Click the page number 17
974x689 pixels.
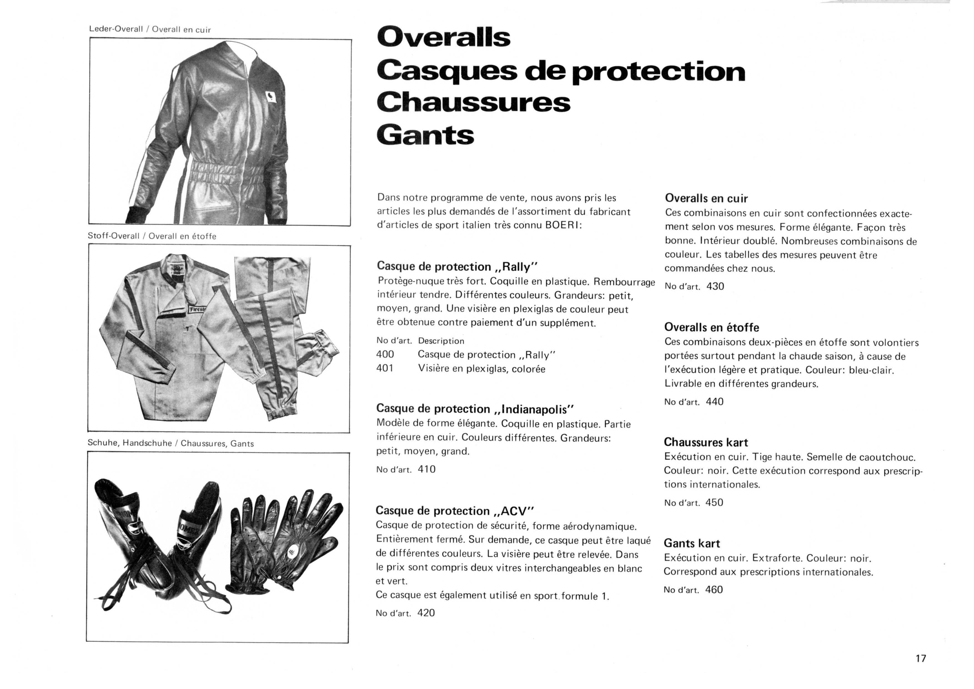point(920,658)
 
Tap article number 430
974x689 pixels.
point(715,286)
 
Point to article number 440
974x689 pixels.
point(714,402)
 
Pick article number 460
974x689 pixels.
point(714,590)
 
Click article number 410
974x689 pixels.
point(427,469)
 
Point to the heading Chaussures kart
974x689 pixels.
point(706,442)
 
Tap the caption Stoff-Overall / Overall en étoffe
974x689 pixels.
point(152,236)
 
